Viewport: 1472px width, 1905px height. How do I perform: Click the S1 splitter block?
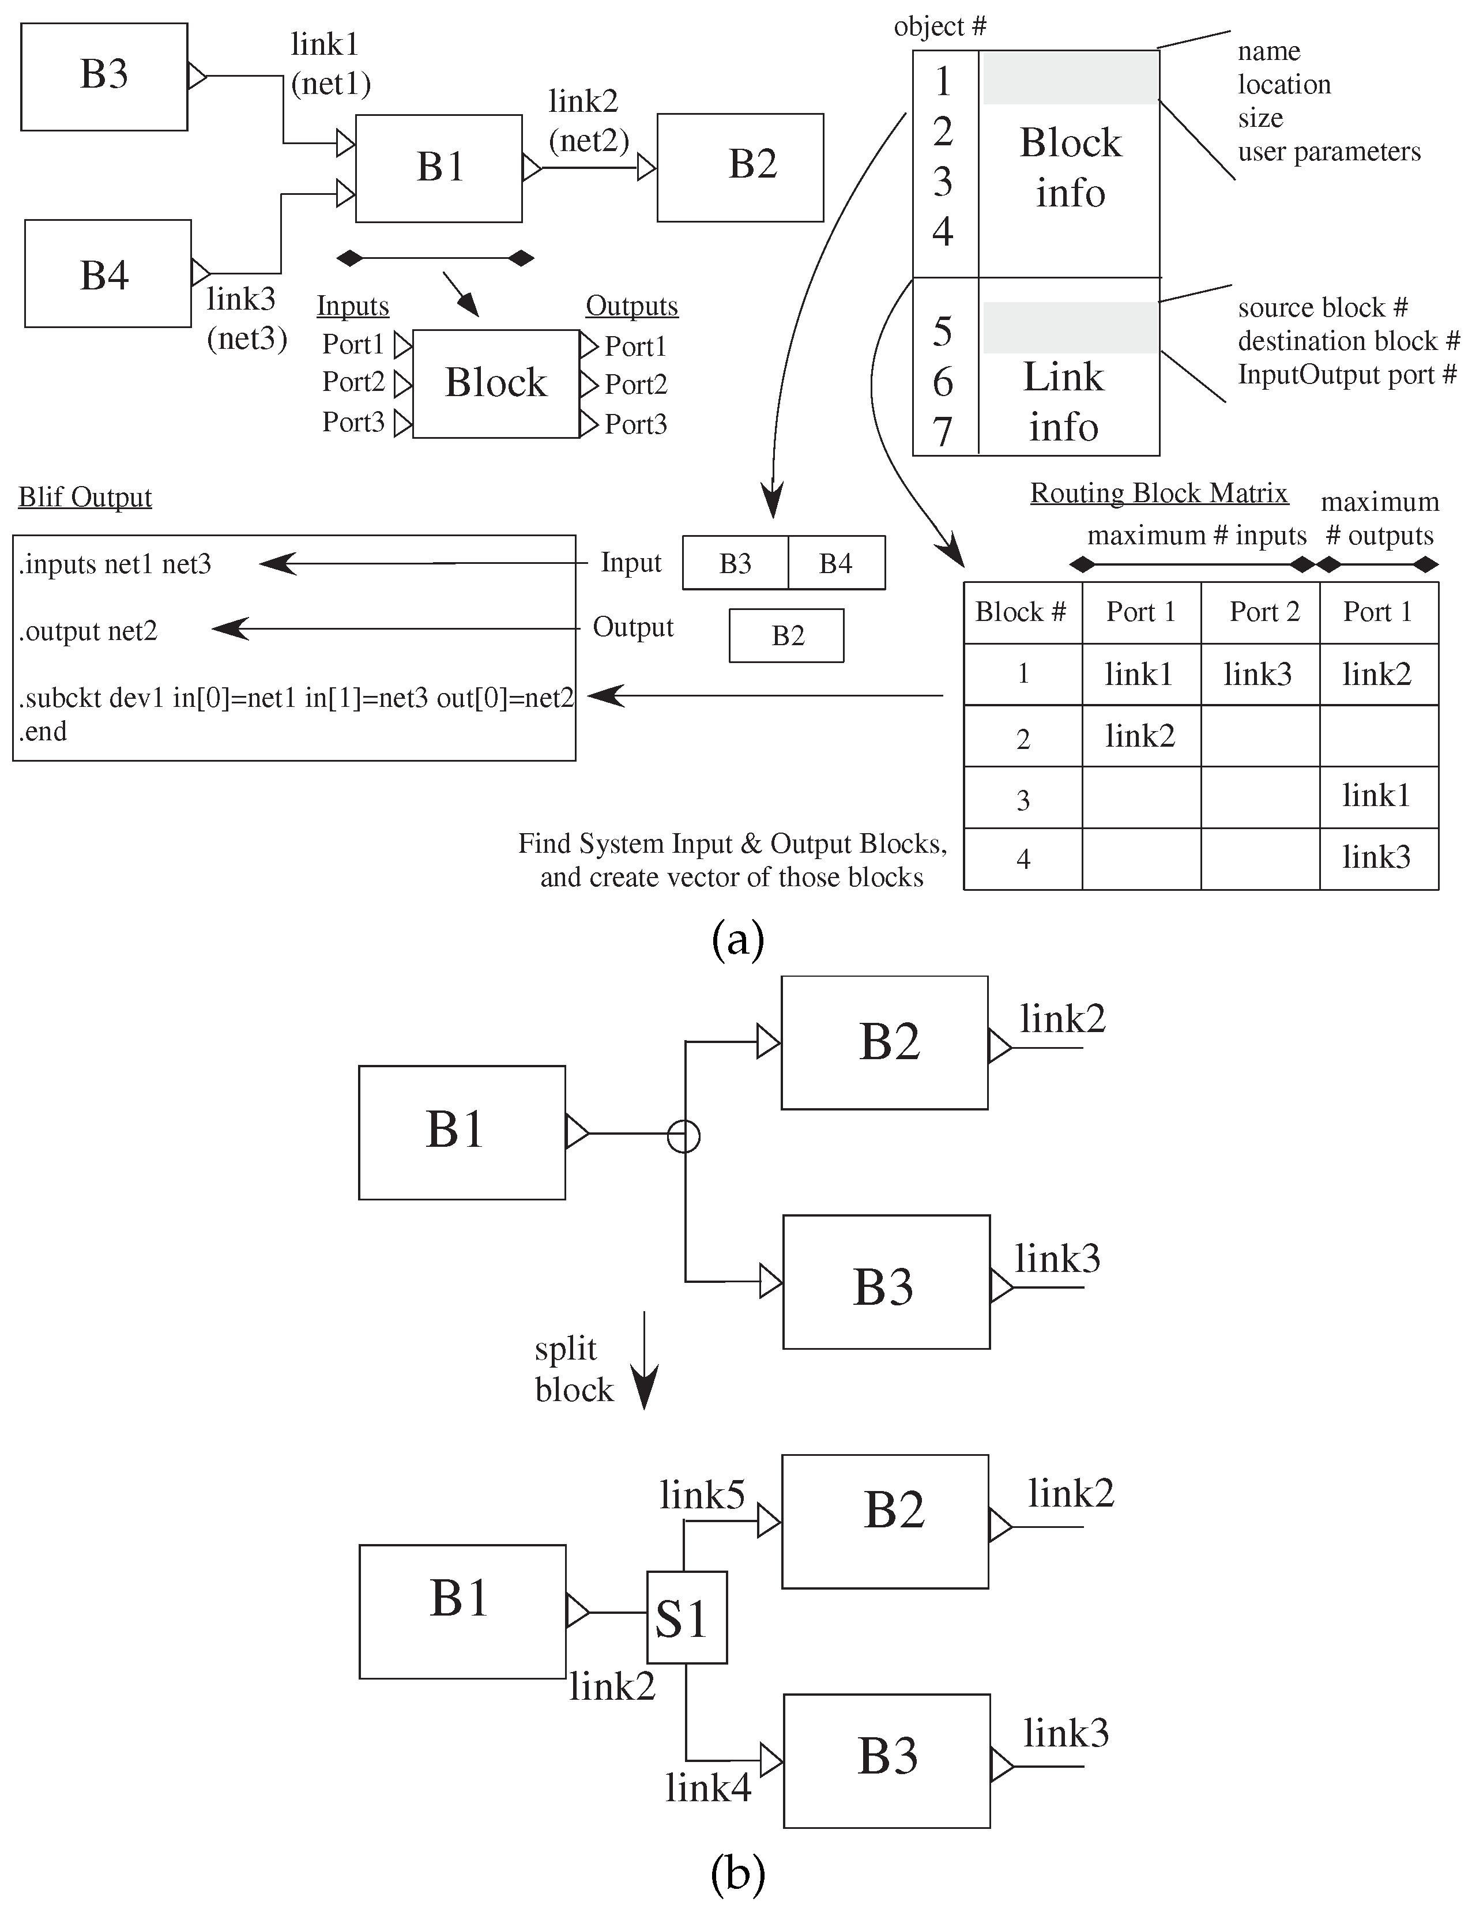coord(686,1617)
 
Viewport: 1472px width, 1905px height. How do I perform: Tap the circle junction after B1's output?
coord(684,1136)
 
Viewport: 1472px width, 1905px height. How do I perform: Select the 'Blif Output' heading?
coord(85,497)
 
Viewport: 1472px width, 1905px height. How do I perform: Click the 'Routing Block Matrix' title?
coord(1159,493)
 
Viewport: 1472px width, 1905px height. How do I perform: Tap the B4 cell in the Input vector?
coord(836,563)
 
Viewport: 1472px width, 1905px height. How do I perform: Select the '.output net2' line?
coord(88,631)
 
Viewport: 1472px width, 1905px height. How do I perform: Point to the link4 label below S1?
coord(708,1788)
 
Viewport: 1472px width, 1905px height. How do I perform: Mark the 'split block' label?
coord(574,1369)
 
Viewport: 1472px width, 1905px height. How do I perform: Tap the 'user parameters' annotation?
coord(1329,152)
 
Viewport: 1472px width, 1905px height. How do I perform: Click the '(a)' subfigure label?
coord(738,940)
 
